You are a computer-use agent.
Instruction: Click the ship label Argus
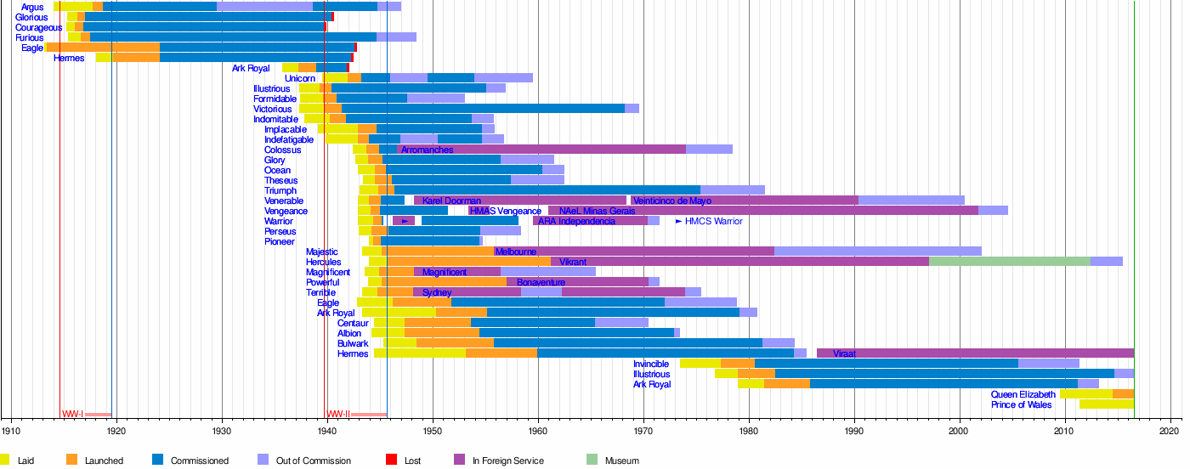(x=32, y=8)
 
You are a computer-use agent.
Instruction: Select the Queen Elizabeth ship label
(x=1023, y=394)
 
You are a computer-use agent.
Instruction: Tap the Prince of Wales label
(x=1021, y=404)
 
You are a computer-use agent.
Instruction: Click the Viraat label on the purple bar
(x=844, y=353)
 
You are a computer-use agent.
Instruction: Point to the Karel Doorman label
(x=451, y=201)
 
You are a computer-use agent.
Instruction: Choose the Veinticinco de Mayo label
(x=671, y=201)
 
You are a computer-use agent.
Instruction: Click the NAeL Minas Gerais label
(x=597, y=211)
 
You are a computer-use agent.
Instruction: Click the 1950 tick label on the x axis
(x=433, y=431)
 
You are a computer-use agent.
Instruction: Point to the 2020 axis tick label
(x=1171, y=431)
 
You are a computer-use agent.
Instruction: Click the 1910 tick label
(x=11, y=431)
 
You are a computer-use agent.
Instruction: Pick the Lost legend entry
(x=411, y=461)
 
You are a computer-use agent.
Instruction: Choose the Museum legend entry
(x=621, y=461)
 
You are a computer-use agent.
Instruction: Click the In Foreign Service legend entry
(x=506, y=461)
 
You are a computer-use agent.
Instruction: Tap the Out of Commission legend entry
(x=314, y=461)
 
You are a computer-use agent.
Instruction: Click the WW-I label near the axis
(x=72, y=415)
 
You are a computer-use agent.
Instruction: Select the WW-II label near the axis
(x=339, y=415)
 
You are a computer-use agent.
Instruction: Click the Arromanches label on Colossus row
(x=427, y=150)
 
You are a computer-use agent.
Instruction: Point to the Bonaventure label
(x=541, y=282)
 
